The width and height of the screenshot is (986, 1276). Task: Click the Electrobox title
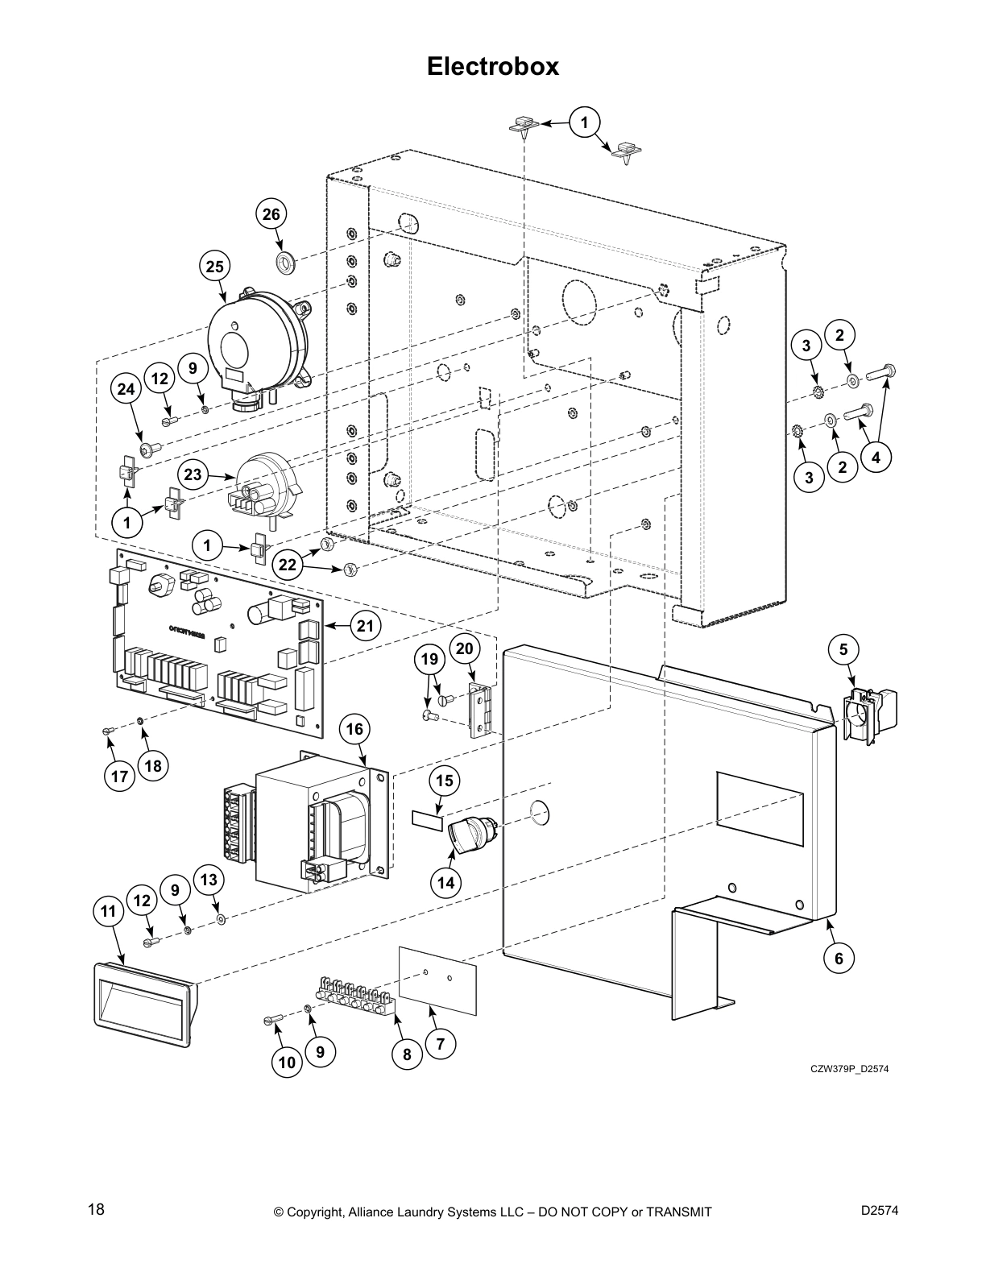click(492, 66)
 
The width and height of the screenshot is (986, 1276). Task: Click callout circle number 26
click(272, 214)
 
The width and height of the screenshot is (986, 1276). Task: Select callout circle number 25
click(214, 266)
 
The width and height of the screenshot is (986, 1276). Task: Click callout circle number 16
click(354, 730)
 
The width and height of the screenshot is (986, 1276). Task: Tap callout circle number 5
click(843, 649)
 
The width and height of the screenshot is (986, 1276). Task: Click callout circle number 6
click(839, 958)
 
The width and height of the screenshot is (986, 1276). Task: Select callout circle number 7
click(440, 1044)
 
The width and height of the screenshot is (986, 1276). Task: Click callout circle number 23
click(193, 474)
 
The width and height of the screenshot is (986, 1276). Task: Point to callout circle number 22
click(288, 565)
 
